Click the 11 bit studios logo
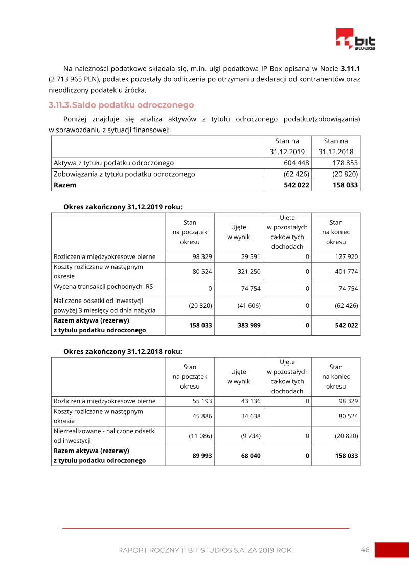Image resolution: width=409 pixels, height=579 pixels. [x=355, y=39]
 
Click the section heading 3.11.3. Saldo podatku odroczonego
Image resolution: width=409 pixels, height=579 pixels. [x=121, y=105]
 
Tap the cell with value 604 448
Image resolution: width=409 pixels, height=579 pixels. [x=296, y=163]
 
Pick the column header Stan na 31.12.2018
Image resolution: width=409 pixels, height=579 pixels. [x=335, y=146]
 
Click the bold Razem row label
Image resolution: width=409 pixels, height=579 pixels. [x=65, y=185]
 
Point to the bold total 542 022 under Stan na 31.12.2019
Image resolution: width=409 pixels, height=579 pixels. [x=296, y=185]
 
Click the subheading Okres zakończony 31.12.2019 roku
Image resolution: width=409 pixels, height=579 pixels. [x=123, y=207]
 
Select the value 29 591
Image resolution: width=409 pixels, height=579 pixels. [x=251, y=256]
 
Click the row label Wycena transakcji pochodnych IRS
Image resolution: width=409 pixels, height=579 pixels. [x=103, y=287]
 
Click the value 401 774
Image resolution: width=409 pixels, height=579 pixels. [x=346, y=271]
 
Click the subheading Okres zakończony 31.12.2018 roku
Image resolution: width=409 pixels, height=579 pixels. [x=123, y=352]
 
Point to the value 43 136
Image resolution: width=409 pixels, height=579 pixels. [x=251, y=401]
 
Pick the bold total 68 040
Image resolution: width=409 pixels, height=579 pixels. [x=251, y=455]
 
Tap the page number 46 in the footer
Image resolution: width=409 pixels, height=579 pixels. [x=365, y=550]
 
